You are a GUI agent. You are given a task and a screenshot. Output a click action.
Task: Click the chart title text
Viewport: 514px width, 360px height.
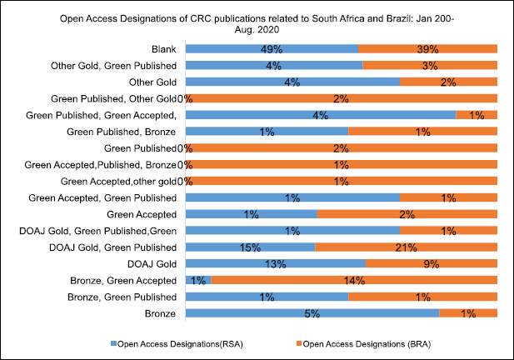pos(256,22)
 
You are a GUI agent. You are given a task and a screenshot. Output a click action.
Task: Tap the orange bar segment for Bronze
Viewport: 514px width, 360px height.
pos(468,313)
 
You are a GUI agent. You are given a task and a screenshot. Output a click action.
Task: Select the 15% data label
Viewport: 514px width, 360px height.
pos(250,247)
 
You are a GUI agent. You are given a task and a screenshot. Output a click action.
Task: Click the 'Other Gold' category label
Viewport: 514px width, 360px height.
pos(152,82)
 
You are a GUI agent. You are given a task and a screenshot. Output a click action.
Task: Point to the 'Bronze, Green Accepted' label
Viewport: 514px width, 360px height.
pos(122,280)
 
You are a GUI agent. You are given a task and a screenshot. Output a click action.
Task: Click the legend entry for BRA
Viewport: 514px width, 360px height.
pos(367,343)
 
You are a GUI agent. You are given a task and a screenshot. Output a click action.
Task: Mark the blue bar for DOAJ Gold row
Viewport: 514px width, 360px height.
pos(275,263)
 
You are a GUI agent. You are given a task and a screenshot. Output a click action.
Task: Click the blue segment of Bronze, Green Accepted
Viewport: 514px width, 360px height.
pos(197,280)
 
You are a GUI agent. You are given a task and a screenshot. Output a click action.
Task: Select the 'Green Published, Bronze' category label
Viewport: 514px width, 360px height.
pos(121,132)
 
